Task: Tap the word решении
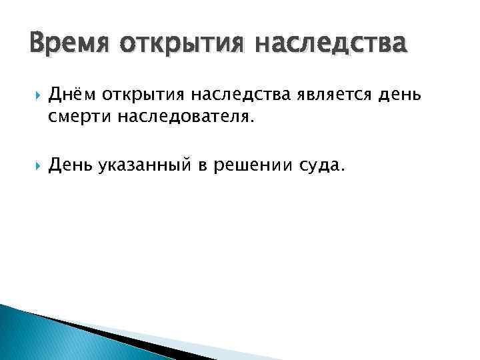[251, 167]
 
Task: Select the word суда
[319, 167]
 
